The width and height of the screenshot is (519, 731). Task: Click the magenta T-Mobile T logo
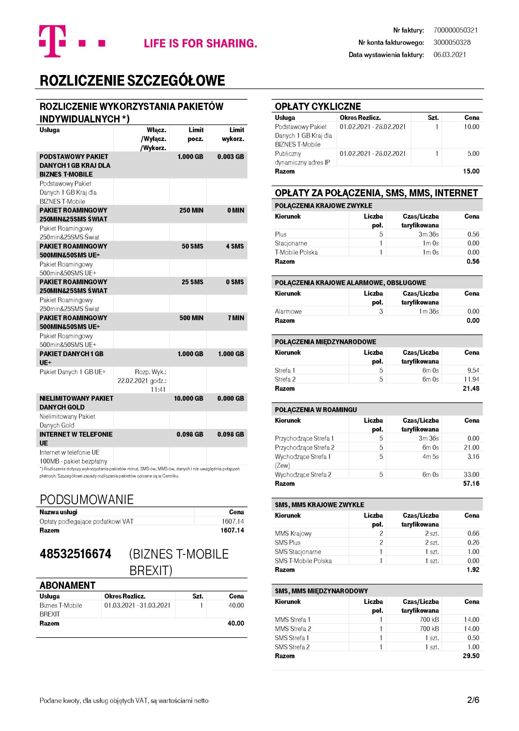coord(52,41)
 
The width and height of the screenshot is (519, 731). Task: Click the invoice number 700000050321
coord(455,30)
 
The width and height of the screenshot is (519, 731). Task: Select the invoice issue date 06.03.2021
coord(449,55)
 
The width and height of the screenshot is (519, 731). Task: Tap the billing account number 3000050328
coord(452,42)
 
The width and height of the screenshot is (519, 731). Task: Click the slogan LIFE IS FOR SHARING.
coord(200,43)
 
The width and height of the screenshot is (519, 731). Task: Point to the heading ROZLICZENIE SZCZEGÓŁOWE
coord(132,81)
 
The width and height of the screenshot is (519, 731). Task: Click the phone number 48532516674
coord(75,554)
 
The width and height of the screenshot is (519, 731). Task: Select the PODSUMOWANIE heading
coord(86,500)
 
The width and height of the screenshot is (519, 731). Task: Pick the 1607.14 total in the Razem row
coord(232,530)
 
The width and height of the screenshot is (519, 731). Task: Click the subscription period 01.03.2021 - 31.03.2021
coord(137,605)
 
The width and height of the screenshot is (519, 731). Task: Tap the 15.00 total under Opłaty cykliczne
coord(471,171)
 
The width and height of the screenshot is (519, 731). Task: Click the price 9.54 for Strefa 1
coord(473,370)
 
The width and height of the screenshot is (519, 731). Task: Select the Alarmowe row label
coord(288,311)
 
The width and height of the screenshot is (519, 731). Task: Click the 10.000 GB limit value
coord(189,398)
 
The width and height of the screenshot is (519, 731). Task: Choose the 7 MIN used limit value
coord(236,318)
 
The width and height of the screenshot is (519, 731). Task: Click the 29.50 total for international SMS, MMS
coord(471,656)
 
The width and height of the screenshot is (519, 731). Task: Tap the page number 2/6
coord(473,700)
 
